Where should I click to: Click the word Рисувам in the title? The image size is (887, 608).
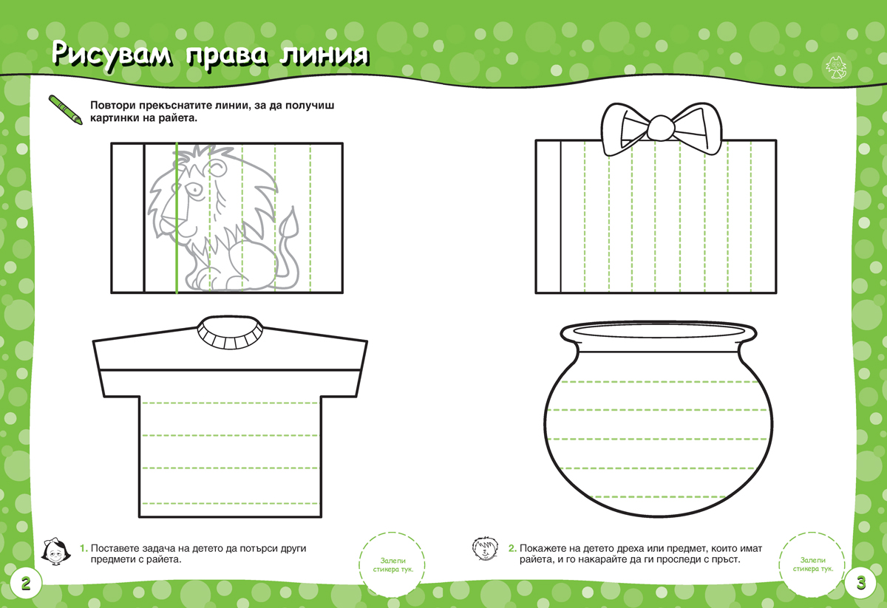[x=112, y=55]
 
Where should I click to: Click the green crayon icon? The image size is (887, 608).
[x=66, y=109]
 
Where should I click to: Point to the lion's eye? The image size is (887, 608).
[x=197, y=191]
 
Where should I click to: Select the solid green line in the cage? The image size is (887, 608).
[x=177, y=218]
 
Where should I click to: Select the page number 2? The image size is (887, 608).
[x=26, y=584]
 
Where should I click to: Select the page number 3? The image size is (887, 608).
[x=861, y=583]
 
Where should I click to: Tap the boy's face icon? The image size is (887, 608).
[x=485, y=549]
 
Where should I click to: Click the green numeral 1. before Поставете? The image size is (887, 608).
[x=84, y=548]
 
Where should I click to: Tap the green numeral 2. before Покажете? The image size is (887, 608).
[x=512, y=548]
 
